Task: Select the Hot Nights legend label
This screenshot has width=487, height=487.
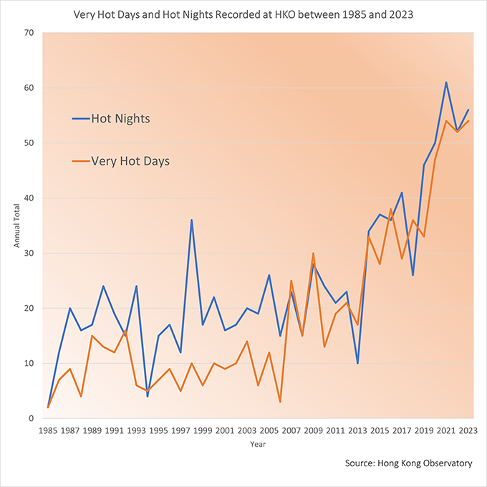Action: click(x=120, y=118)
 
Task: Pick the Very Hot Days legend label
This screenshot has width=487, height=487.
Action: click(x=130, y=161)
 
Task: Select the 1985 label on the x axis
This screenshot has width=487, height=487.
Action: click(x=48, y=431)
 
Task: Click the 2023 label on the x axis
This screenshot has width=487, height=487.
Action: click(x=468, y=431)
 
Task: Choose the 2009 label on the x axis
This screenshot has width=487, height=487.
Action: click(x=313, y=431)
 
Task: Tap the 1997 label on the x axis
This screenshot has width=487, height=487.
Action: click(x=180, y=431)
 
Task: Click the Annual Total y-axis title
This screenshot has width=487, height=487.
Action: click(x=17, y=226)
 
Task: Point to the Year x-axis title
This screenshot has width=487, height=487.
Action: click(x=258, y=444)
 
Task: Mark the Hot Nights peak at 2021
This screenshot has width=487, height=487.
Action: click(x=445, y=82)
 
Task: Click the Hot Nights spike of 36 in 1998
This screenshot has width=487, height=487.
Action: click(x=191, y=220)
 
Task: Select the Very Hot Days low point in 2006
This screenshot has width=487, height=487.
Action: click(x=280, y=402)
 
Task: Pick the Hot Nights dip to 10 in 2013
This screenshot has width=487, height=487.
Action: click(x=357, y=363)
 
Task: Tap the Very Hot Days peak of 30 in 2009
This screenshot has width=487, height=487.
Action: click(x=313, y=253)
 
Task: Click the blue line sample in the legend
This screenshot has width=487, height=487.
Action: click(x=81, y=118)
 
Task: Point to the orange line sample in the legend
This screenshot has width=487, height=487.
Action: click(x=81, y=161)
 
